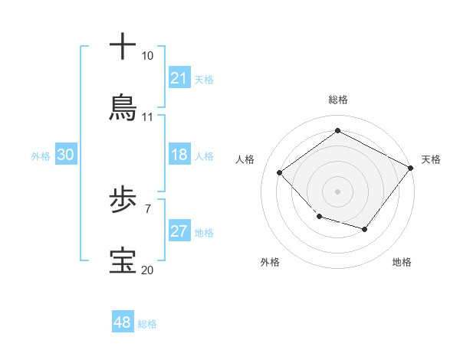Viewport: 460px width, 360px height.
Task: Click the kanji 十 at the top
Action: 123,47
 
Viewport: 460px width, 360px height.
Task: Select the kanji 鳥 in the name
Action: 123,108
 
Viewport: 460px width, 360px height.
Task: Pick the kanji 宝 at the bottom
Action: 123,261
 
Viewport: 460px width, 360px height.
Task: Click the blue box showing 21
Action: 179,78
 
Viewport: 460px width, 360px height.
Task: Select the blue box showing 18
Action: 179,155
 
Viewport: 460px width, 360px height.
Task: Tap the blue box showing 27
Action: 179,231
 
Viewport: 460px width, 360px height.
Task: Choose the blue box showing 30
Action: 65,155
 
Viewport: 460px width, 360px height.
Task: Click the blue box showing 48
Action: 123,322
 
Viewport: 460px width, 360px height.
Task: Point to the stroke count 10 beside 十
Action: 147,56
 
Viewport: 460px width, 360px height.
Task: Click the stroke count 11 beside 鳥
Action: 147,117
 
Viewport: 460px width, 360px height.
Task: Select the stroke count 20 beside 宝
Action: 147,270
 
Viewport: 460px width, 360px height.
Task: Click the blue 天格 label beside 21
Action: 204,79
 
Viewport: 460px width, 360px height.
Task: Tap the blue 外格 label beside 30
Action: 41,155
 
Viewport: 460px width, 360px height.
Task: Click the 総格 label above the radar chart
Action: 337,100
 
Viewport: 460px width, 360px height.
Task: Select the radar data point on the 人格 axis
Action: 280,172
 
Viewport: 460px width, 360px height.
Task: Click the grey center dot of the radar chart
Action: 337,191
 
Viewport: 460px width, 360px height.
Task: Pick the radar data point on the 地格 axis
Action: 365,229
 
